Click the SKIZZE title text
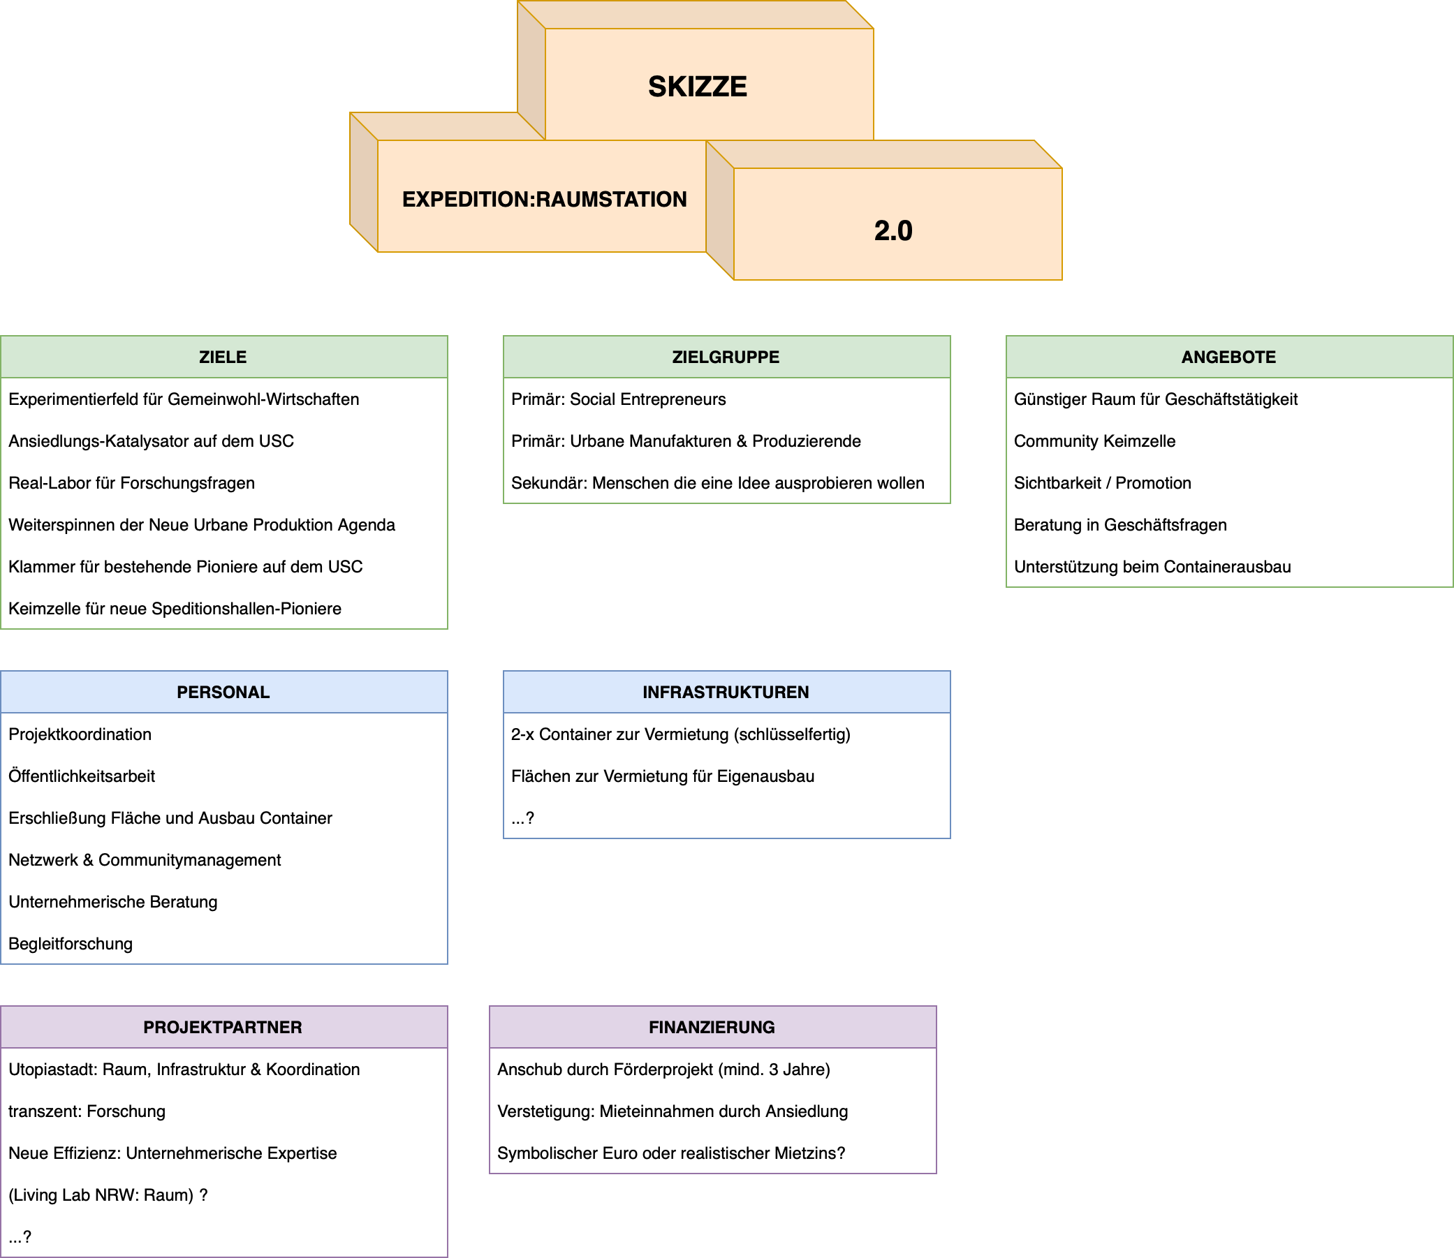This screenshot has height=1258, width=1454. [697, 87]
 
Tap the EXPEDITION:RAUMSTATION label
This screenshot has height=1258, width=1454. [544, 200]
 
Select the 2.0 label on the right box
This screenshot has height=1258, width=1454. [893, 231]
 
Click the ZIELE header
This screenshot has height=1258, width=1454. [223, 357]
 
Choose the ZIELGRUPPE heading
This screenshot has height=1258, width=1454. [726, 357]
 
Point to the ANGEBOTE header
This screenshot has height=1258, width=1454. [1228, 357]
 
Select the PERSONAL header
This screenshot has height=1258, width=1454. [223, 693]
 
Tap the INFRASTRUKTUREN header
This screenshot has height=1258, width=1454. [726, 693]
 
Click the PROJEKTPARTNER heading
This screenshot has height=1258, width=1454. [223, 1027]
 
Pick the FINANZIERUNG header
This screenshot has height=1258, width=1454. [712, 1027]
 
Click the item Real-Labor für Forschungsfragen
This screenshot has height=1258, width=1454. [132, 483]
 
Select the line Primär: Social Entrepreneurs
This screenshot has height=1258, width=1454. [619, 399]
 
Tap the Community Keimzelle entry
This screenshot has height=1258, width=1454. [1094, 441]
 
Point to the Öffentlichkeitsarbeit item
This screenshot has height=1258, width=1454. [82, 776]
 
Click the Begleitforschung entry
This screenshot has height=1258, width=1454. [71, 944]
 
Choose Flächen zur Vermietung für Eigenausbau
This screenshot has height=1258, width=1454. [663, 776]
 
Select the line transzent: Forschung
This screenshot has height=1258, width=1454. [87, 1111]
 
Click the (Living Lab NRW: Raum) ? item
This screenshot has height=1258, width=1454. [108, 1194]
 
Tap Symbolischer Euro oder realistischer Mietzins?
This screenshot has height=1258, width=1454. [671, 1153]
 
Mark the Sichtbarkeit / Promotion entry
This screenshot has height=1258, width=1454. [1102, 483]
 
